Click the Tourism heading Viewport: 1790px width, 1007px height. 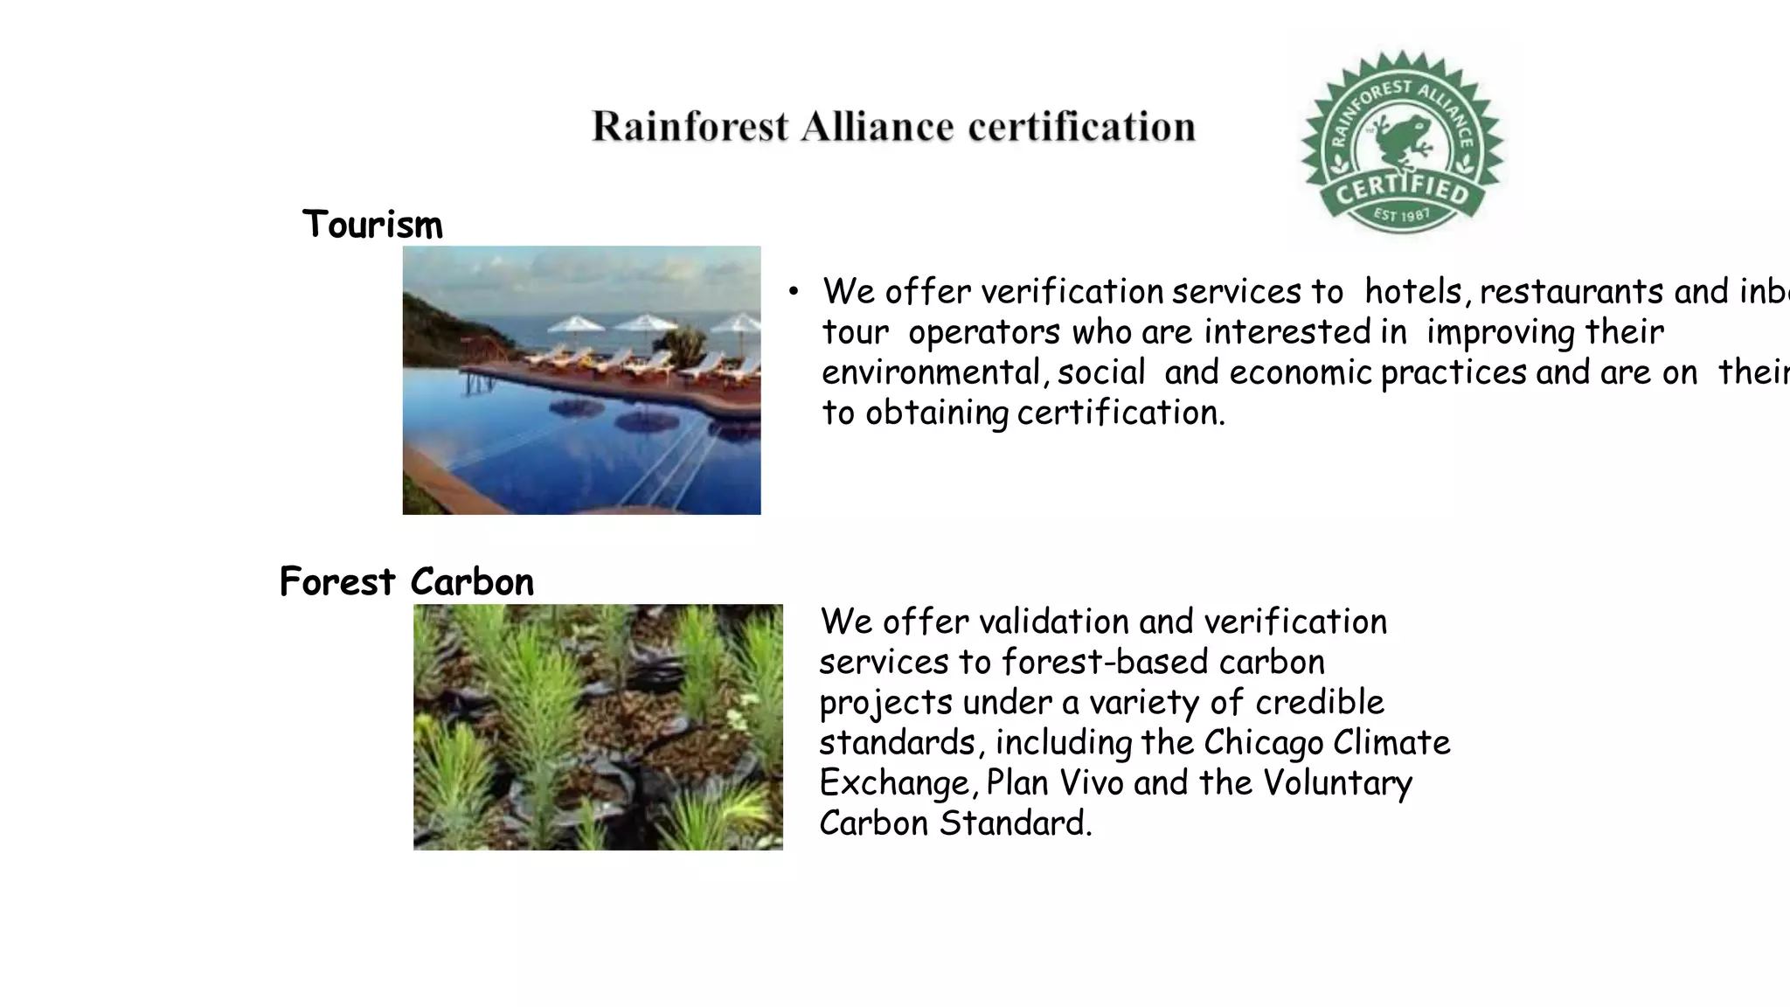point(372,225)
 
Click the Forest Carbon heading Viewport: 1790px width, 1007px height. point(406,582)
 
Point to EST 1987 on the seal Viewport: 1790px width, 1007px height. point(1402,214)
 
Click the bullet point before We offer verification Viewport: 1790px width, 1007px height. point(793,292)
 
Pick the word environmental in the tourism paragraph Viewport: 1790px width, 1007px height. point(931,373)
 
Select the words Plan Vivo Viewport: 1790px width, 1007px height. point(1054,783)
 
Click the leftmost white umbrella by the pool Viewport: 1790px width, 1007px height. point(575,325)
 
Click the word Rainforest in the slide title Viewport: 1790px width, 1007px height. point(690,127)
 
